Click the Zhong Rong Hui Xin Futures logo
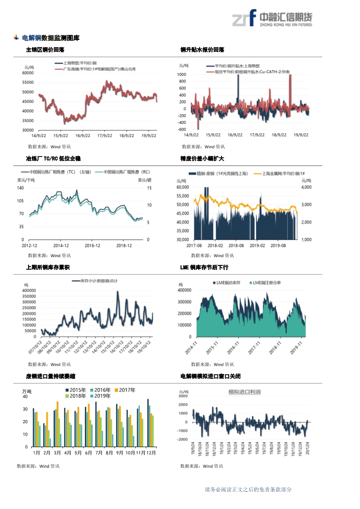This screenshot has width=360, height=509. [272, 19]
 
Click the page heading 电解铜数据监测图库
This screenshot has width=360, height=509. [50, 38]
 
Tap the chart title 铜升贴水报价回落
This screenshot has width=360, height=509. [202, 50]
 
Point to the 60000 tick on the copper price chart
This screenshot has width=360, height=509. [29, 73]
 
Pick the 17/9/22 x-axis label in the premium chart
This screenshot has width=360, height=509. [257, 135]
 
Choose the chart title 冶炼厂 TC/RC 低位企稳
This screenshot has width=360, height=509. [53, 159]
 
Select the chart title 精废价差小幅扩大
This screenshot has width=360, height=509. [202, 159]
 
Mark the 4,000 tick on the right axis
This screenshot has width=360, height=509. [306, 187]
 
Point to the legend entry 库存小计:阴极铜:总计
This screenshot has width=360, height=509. [99, 281]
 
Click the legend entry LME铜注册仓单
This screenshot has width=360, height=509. [266, 283]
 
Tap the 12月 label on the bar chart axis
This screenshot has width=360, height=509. [151, 453]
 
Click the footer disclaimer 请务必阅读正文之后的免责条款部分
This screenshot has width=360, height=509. [248, 489]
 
